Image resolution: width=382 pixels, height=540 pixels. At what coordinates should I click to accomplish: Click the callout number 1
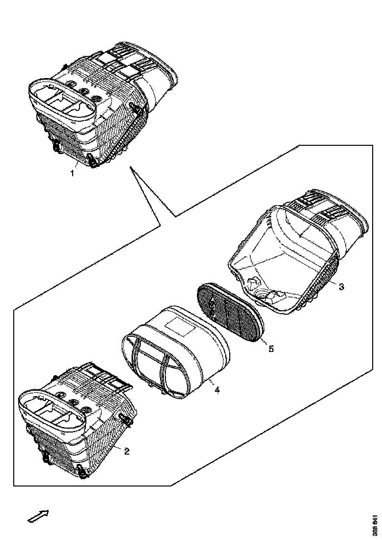(73, 173)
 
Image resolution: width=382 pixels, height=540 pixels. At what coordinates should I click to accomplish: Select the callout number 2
(127, 451)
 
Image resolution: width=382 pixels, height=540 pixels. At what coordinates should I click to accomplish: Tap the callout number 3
(342, 286)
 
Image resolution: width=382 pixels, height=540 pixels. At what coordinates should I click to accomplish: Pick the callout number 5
(271, 349)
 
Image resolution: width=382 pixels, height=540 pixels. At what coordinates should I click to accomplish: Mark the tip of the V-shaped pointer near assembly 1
(131, 167)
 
